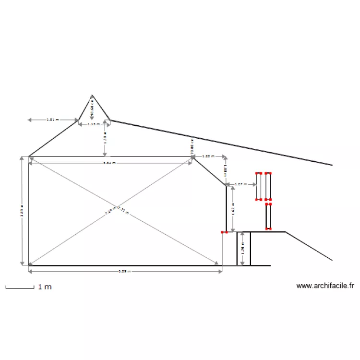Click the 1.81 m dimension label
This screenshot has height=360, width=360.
pos(50,120)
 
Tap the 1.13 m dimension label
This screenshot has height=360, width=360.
pos(94,124)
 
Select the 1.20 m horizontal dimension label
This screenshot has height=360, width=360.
pos(208,156)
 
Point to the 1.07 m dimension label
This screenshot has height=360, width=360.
pos(240,184)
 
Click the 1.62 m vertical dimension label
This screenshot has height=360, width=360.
pos(233,210)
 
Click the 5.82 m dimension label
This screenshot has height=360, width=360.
pos(109,163)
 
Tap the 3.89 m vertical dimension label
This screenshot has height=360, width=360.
pos(22,211)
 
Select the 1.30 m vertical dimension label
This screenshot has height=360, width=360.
pos(105,139)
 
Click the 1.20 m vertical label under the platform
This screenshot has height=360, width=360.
pos(243,249)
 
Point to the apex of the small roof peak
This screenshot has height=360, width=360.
pos(92,96)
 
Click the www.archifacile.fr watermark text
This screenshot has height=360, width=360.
pos(325,286)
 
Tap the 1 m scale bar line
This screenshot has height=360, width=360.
pos(20,288)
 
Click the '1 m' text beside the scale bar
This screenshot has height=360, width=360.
pos(45,287)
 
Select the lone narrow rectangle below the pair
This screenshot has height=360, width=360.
pos(268,216)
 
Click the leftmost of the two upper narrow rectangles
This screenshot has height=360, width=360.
pos(258,186)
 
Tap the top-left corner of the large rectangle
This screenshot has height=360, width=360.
pos(29,156)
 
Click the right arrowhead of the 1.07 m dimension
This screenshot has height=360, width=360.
pos(254,184)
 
